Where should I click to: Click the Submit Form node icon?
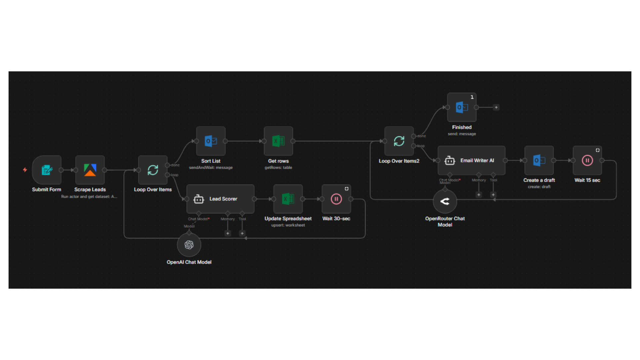(x=47, y=170)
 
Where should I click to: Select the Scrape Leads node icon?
(x=90, y=170)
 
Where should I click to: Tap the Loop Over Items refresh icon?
(x=153, y=170)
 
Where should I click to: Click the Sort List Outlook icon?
(x=211, y=141)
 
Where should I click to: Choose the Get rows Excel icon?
(x=278, y=141)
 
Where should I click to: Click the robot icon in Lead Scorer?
(x=199, y=199)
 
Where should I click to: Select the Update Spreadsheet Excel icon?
(x=288, y=199)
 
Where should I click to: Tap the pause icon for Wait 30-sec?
(x=336, y=199)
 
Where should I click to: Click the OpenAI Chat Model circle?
(x=189, y=245)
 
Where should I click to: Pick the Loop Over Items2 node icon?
(x=399, y=141)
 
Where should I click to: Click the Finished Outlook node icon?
(x=462, y=107)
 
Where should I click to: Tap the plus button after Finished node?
(x=496, y=107)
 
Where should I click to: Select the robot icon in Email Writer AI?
(x=450, y=161)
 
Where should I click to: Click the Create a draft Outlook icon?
(x=539, y=160)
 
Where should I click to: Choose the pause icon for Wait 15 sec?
(x=587, y=160)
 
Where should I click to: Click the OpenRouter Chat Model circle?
(x=445, y=201)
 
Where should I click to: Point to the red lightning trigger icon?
(x=25, y=170)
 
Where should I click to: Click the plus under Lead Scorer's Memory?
(x=228, y=233)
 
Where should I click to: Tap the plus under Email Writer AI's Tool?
(x=493, y=195)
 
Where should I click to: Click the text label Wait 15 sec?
(x=587, y=180)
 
